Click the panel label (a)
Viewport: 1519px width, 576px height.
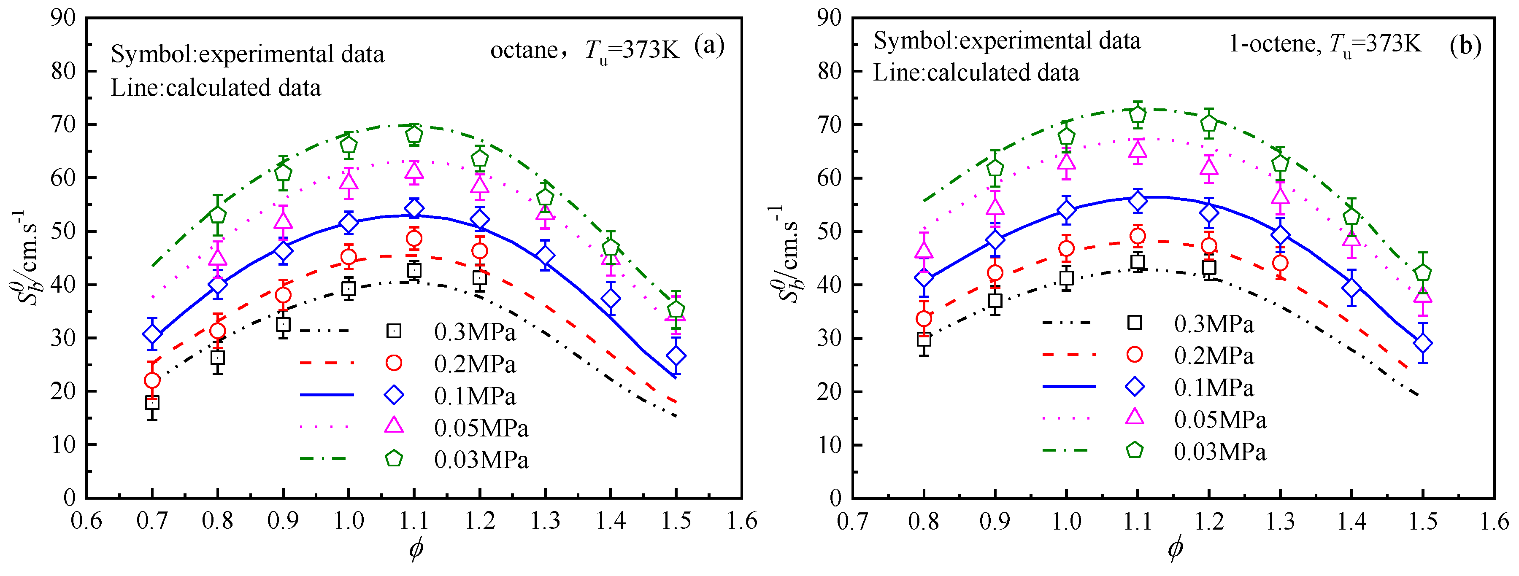(709, 46)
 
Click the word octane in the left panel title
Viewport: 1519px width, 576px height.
(524, 51)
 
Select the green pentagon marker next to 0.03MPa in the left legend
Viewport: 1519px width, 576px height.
(394, 458)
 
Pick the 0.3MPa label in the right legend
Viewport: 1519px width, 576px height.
(1214, 324)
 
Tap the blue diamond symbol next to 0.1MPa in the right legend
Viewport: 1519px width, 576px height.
(1135, 387)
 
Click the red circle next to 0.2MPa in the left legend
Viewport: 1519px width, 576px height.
(394, 363)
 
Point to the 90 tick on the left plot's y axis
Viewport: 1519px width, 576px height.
(63, 18)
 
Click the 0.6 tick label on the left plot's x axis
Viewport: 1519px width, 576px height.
(86, 521)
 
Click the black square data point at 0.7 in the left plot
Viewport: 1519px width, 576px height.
(152, 403)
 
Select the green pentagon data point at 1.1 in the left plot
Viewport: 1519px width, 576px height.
(414, 135)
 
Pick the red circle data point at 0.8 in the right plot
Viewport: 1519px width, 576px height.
(924, 319)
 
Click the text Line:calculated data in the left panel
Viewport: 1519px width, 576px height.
(216, 88)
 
